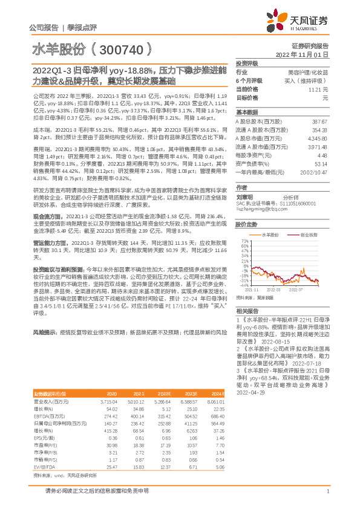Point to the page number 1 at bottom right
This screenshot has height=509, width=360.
pyautogui.click(x=327, y=492)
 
